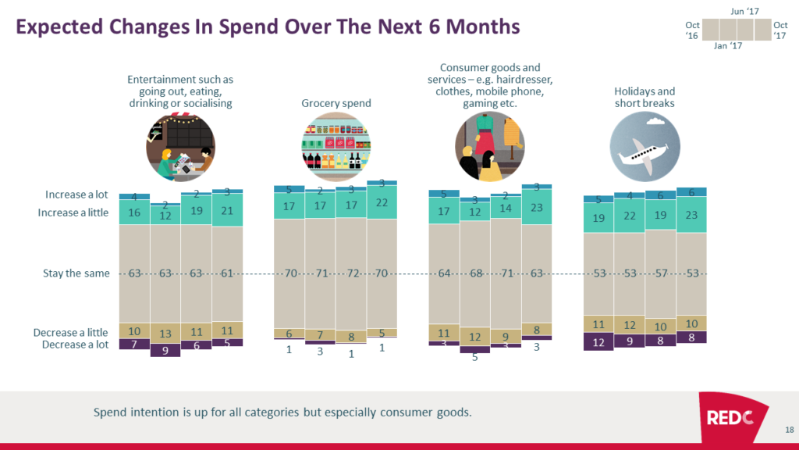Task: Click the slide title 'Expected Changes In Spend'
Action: click(x=268, y=27)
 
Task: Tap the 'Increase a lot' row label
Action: click(x=77, y=195)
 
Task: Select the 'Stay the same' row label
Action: click(x=76, y=274)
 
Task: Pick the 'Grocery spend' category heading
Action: click(x=336, y=103)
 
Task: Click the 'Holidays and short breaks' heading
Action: click(x=645, y=98)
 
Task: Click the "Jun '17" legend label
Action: click(x=745, y=10)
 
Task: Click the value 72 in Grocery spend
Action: click(x=351, y=274)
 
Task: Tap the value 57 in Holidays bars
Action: click(x=660, y=274)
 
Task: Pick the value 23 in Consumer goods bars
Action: click(x=537, y=209)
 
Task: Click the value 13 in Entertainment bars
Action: click(x=165, y=333)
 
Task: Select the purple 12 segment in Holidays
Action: click(x=598, y=341)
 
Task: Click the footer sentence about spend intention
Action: click(x=282, y=412)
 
